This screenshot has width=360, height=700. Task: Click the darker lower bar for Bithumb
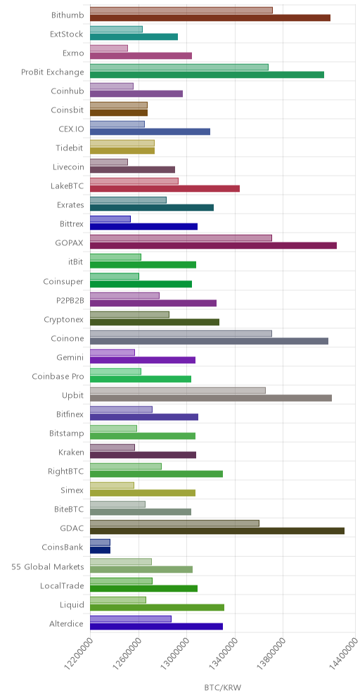coord(210,18)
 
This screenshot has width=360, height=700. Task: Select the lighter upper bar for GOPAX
coord(181,238)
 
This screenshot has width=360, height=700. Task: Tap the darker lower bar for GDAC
coord(217,531)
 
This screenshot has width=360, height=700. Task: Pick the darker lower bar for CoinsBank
coord(100,550)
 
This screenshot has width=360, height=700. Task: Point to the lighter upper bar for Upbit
coord(178,390)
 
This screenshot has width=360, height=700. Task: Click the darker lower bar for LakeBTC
coord(165,188)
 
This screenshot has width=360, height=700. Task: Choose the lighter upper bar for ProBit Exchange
coord(179,67)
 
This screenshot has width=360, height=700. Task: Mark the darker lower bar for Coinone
coord(209,341)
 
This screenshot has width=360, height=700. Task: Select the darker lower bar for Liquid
coord(157,607)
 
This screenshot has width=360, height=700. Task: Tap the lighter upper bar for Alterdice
coord(131,618)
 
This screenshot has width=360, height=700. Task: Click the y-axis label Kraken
coord(71,452)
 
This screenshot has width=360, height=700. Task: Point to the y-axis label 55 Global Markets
coord(48,567)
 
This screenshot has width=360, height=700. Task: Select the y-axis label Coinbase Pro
coord(58,376)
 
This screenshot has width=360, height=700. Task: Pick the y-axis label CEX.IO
coord(71,129)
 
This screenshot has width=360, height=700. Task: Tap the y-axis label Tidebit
coord(70,148)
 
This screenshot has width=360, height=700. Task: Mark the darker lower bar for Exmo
coord(141,56)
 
